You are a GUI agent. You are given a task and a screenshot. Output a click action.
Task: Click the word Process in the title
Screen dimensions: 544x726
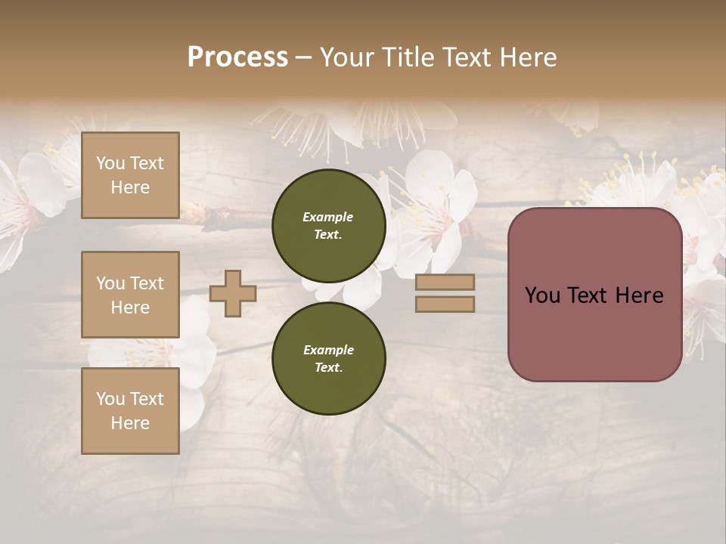point(237,57)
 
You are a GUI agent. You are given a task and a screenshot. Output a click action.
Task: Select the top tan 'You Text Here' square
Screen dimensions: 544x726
point(130,175)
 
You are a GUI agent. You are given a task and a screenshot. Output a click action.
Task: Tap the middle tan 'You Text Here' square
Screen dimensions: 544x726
point(130,295)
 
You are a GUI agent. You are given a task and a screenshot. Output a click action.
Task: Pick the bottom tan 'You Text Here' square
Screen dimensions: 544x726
point(130,410)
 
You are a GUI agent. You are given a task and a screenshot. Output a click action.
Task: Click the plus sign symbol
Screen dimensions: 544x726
point(233,293)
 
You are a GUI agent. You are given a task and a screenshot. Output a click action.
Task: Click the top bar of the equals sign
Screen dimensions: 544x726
point(445,282)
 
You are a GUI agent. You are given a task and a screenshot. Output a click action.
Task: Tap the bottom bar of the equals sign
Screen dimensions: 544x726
point(445,304)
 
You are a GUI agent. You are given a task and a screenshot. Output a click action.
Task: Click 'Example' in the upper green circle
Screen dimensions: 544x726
point(327,217)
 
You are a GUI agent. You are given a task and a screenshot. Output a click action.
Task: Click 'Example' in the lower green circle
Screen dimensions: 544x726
point(328,350)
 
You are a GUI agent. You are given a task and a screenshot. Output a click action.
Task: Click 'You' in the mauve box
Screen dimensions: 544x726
point(542,295)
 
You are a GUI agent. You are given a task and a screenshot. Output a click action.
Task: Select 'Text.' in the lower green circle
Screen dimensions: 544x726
point(328,368)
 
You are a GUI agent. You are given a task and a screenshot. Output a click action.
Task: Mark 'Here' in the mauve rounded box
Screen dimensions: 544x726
point(638,295)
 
